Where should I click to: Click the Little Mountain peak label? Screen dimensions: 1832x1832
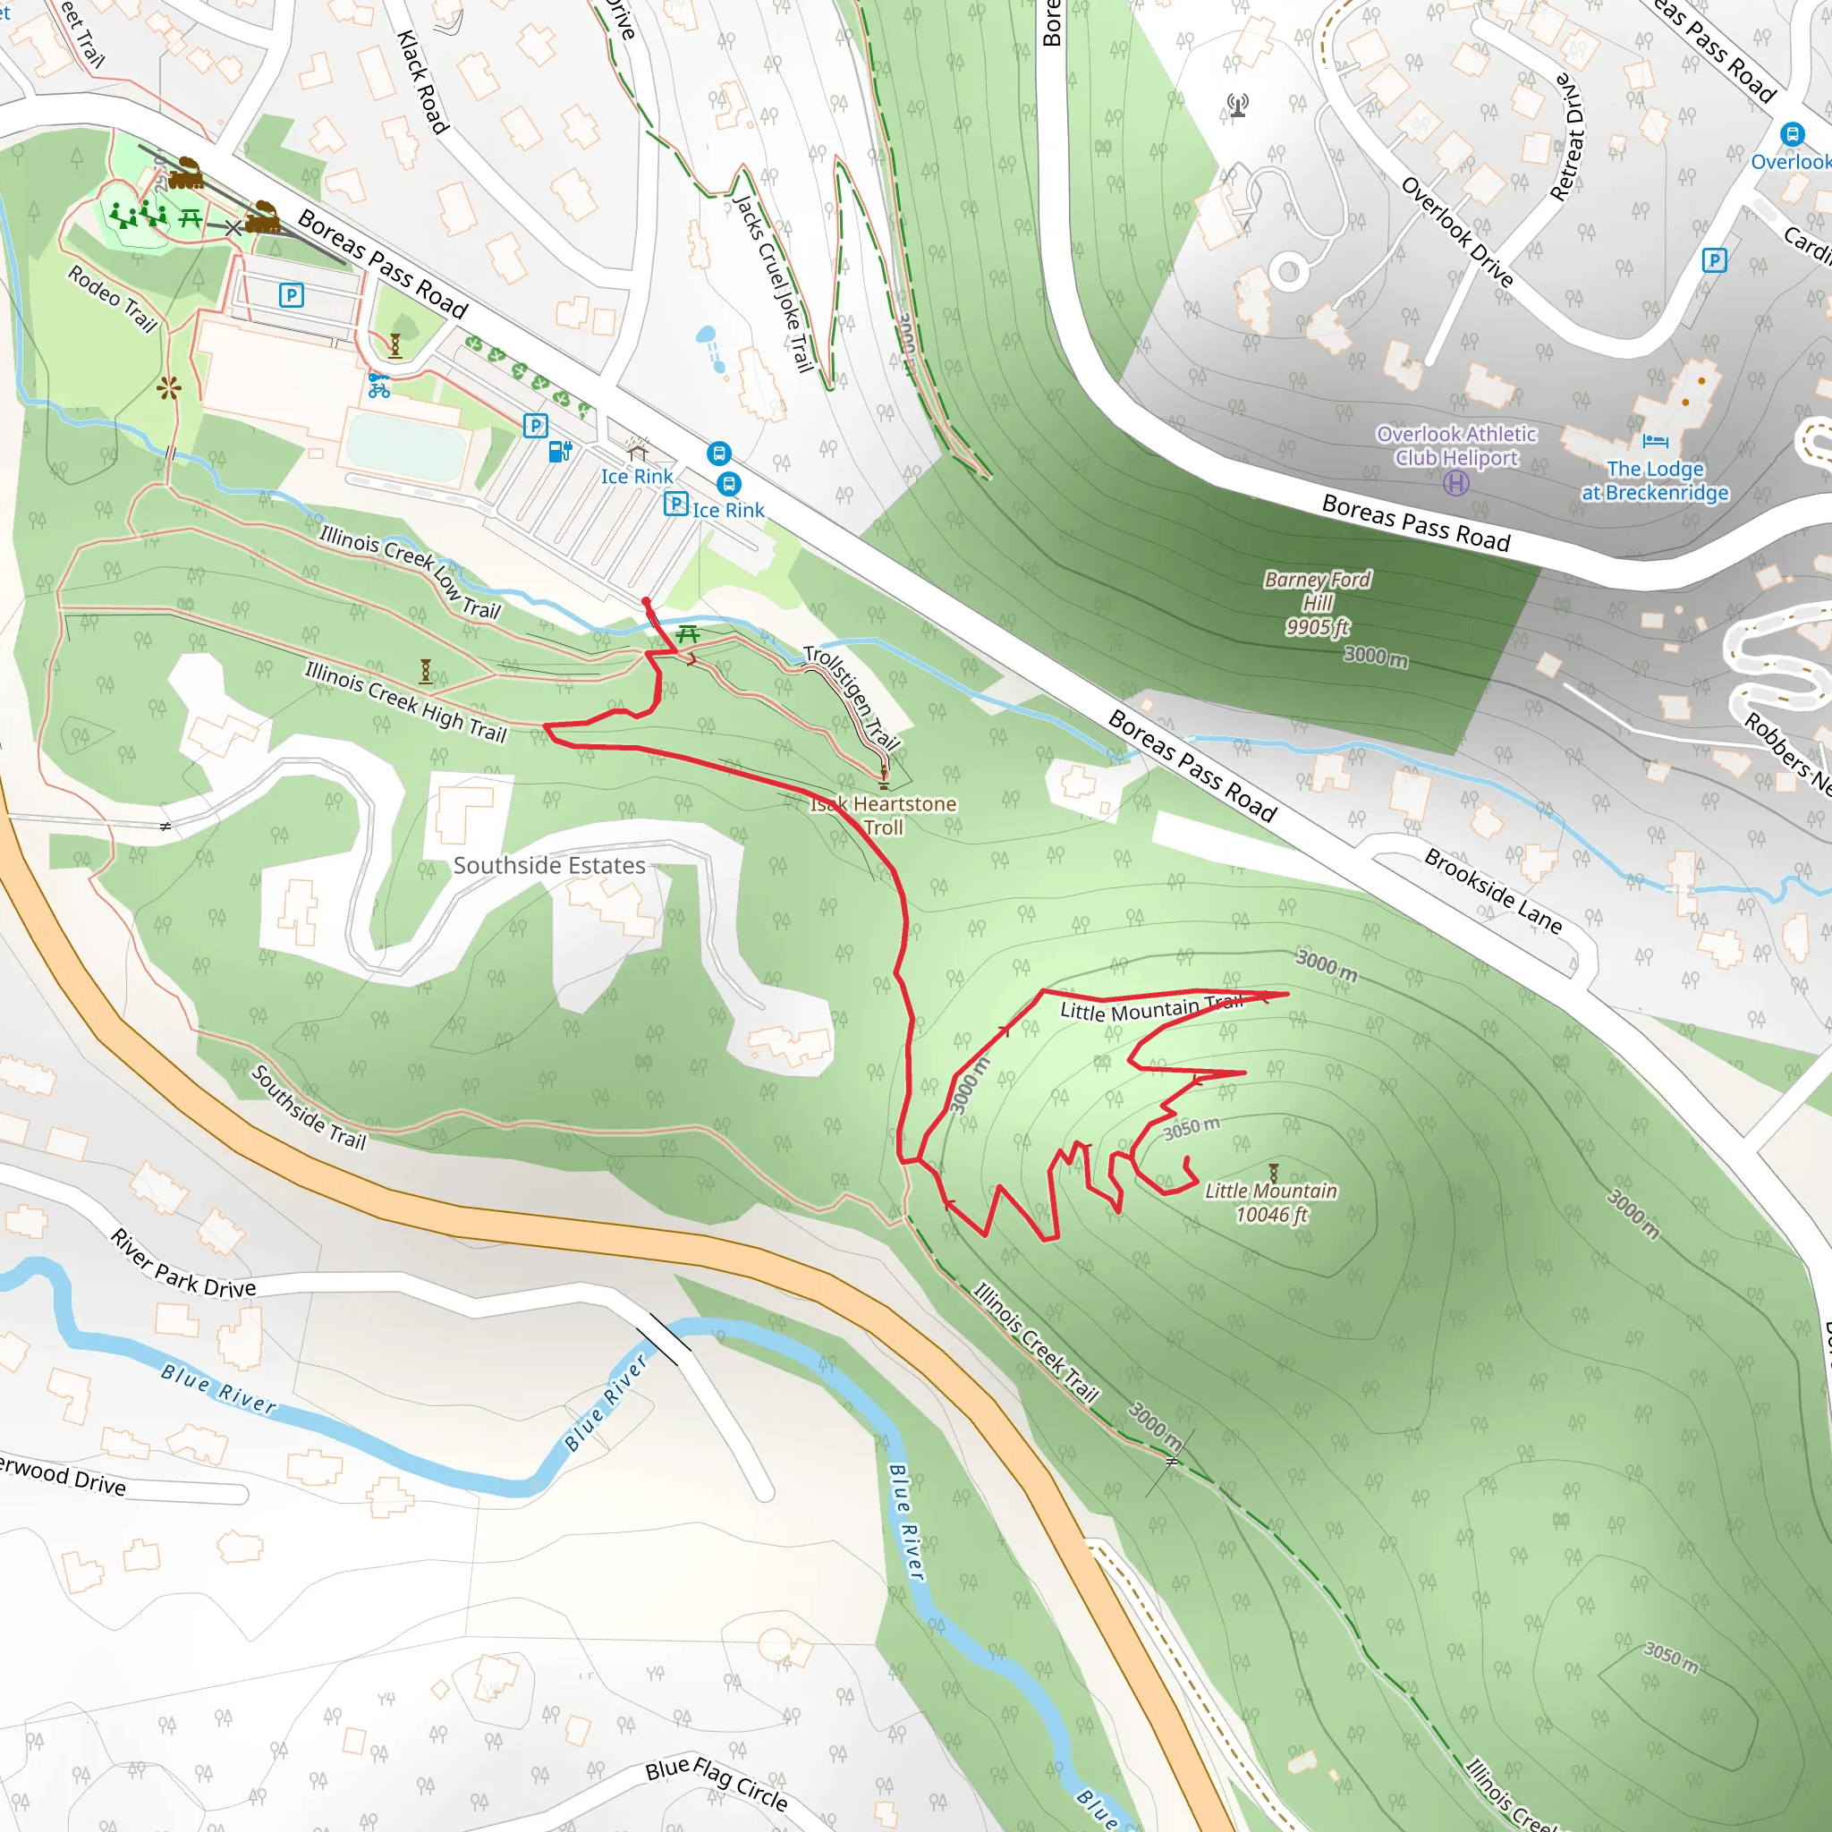(1269, 1202)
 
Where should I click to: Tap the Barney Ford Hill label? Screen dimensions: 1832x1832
(1316, 602)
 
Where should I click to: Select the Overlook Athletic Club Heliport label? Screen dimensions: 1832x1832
(1455, 445)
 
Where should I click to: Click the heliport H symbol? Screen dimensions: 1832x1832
(1455, 484)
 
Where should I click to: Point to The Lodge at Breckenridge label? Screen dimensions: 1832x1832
(1655, 480)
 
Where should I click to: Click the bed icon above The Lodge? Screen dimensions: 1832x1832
(1655, 441)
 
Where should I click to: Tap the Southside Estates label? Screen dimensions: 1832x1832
(549, 865)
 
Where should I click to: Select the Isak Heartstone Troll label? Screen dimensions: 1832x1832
(883, 816)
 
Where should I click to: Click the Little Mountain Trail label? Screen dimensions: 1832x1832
(1151, 1009)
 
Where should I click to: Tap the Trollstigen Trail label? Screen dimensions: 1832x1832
(852, 697)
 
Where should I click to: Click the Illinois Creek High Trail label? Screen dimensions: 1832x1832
(405, 701)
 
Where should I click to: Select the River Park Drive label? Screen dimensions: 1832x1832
(183, 1264)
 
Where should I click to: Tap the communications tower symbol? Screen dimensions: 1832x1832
(1237, 106)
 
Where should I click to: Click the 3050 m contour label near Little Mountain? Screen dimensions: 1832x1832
(1192, 1127)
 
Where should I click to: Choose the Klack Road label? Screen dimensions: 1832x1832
(423, 81)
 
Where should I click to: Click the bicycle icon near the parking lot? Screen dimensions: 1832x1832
(378, 386)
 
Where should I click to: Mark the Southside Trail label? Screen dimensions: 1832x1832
(309, 1107)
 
